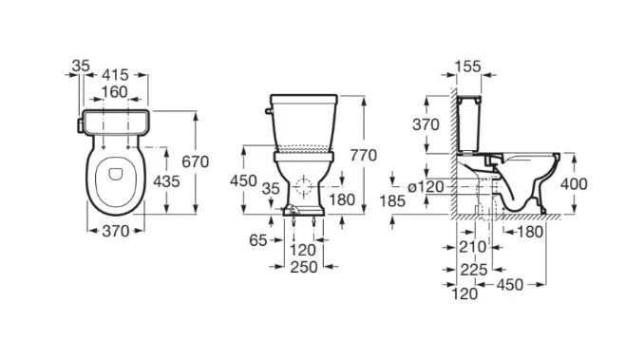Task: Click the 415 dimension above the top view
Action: pos(116,75)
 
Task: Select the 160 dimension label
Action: pos(115,92)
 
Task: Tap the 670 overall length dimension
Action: pos(196,161)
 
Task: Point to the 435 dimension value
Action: pos(166,181)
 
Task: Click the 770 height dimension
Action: pos(364,155)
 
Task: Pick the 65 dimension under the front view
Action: pos(258,240)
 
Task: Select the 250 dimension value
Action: pos(304,267)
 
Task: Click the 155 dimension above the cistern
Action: pos(468,66)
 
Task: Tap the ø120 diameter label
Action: pos(426,187)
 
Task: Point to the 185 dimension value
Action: pos(392,201)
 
